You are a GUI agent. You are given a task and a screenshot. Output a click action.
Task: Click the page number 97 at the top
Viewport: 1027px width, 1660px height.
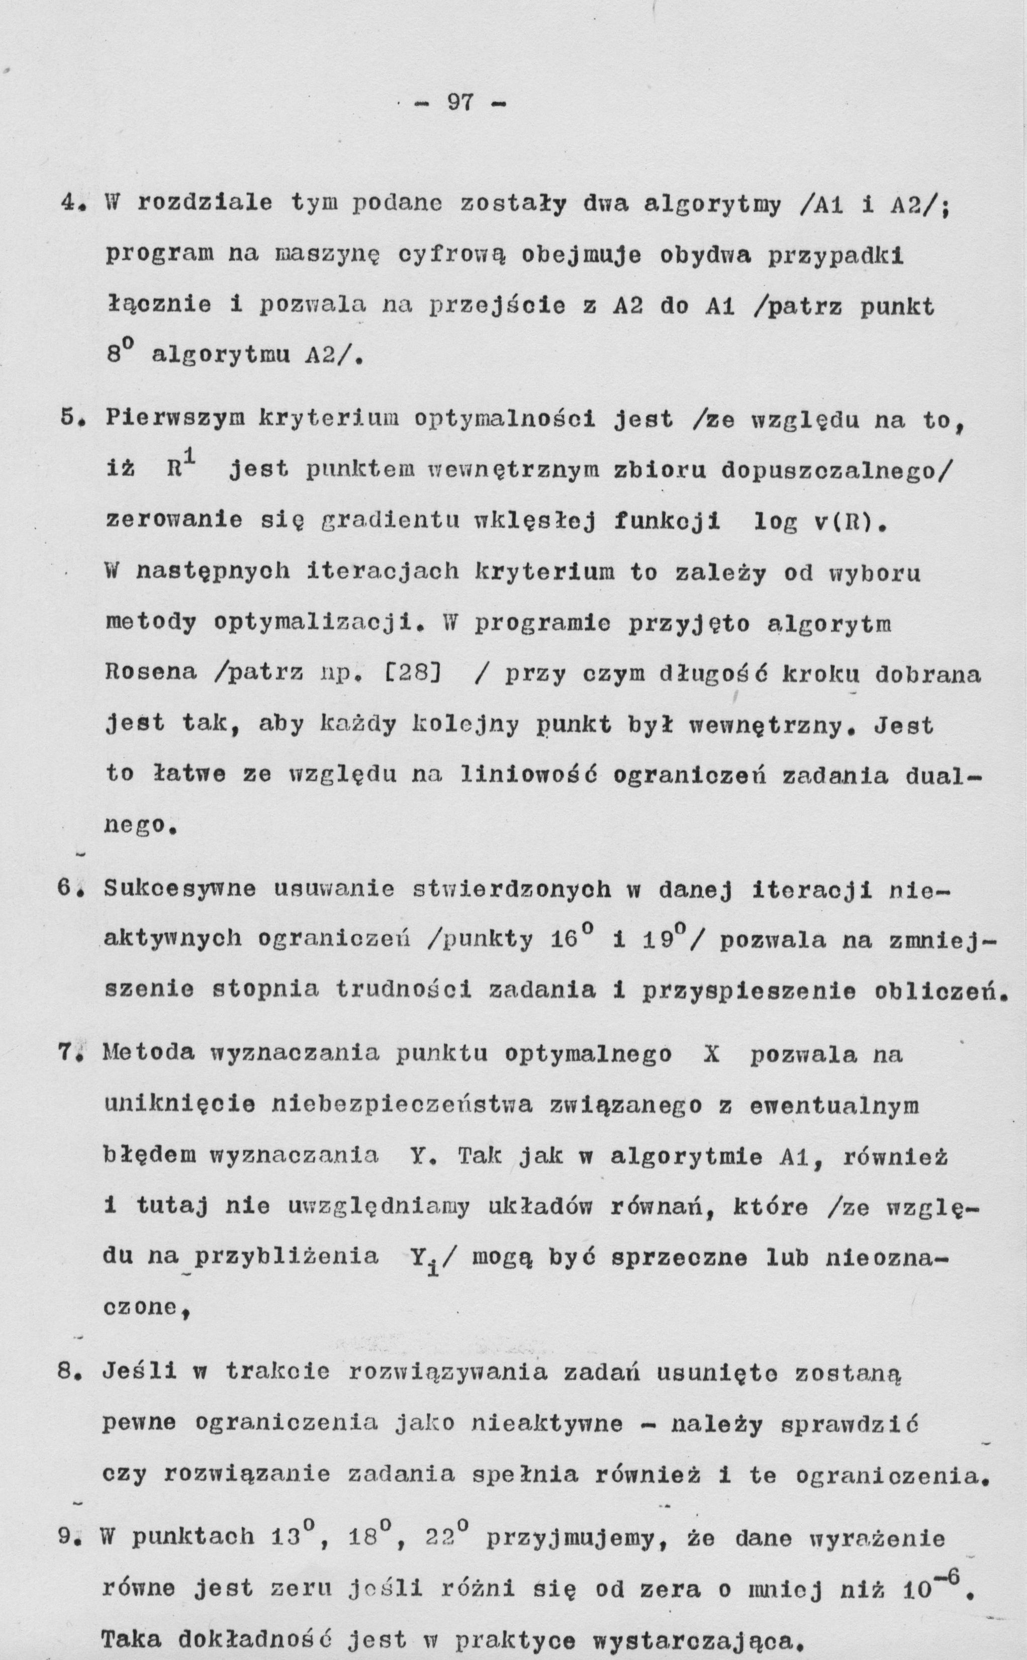click(x=460, y=103)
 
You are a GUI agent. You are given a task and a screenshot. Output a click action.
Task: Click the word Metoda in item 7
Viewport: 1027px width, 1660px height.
click(x=148, y=1054)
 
